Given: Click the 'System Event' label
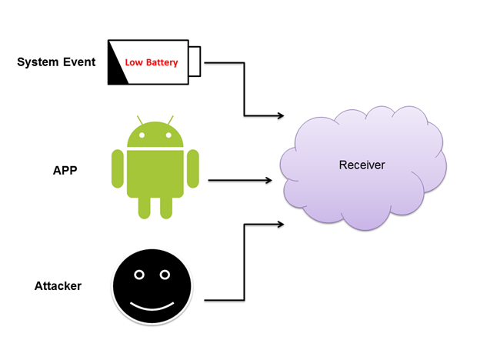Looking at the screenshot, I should (x=56, y=62).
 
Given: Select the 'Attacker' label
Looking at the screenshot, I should (x=58, y=286).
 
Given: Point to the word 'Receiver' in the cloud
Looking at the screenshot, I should (x=362, y=165).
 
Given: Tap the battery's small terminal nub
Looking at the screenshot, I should (x=195, y=61).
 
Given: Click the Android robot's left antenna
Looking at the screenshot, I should (x=140, y=121).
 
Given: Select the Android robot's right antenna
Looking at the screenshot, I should (x=171, y=121).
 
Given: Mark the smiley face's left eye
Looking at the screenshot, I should (x=139, y=274).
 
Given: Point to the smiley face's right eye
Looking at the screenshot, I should (x=164, y=274).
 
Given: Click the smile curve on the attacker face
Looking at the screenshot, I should (x=152, y=305).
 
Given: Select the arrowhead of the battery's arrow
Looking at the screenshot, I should (x=278, y=115).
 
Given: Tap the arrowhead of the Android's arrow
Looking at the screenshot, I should (x=268, y=181).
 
